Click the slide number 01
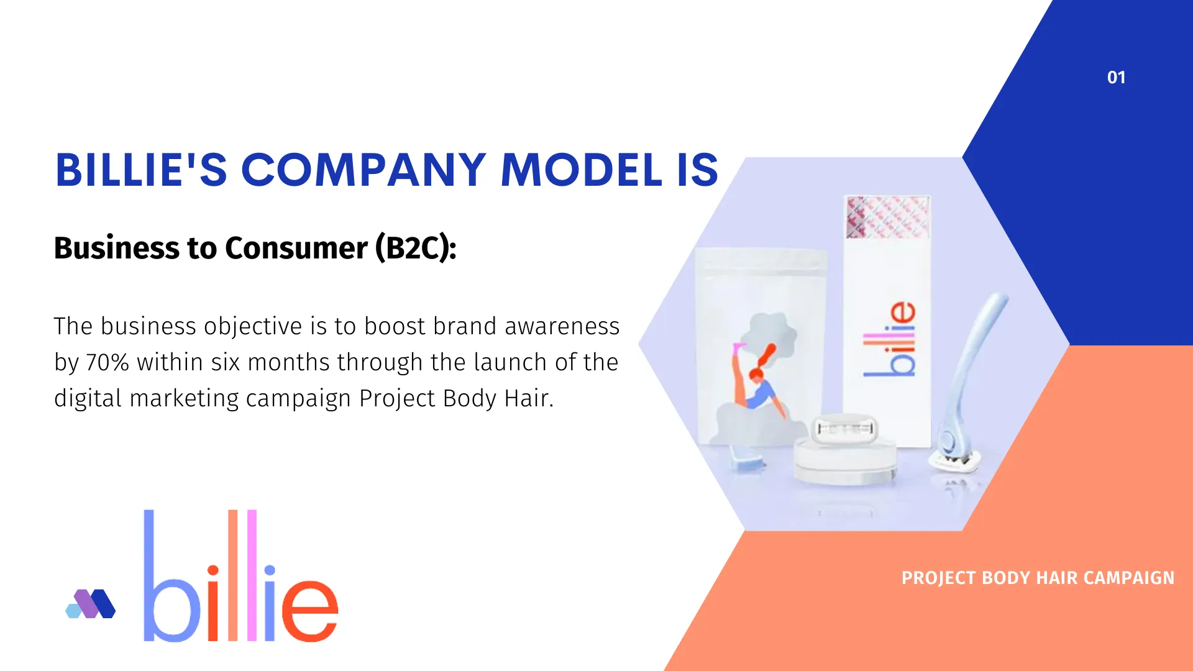1116,78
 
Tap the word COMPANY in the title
363,170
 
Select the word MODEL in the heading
582,170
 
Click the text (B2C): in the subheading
416,248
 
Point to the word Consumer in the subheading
296,248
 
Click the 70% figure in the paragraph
107,362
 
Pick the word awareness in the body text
562,326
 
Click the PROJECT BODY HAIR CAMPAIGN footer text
1038,578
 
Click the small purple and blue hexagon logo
91,603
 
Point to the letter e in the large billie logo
309,610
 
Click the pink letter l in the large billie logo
252,575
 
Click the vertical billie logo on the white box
890,339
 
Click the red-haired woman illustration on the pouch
757,379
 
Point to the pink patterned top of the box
888,217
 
